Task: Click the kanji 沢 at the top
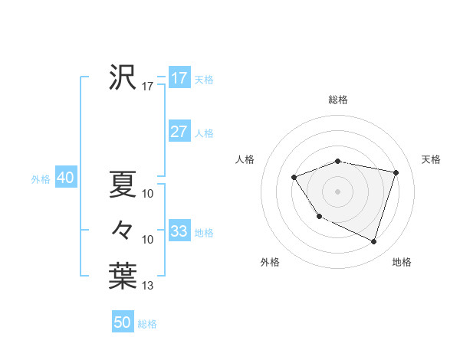[x=123, y=77]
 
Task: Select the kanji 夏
[x=123, y=184]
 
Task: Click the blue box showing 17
[x=179, y=78]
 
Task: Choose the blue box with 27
[x=179, y=132]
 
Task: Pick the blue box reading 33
[x=179, y=231]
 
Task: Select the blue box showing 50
[x=123, y=322]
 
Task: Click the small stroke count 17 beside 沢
[x=148, y=87]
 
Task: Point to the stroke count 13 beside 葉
[x=148, y=286]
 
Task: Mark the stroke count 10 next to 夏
[x=148, y=194]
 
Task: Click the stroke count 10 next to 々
[x=148, y=240]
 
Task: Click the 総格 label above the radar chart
[x=338, y=100]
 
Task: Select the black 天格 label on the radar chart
[x=432, y=159]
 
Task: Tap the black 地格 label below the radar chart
[x=402, y=263]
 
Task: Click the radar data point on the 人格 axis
[x=294, y=178]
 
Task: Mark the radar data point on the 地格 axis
[x=374, y=241]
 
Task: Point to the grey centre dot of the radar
[x=338, y=190]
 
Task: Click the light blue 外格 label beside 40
[x=41, y=179]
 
